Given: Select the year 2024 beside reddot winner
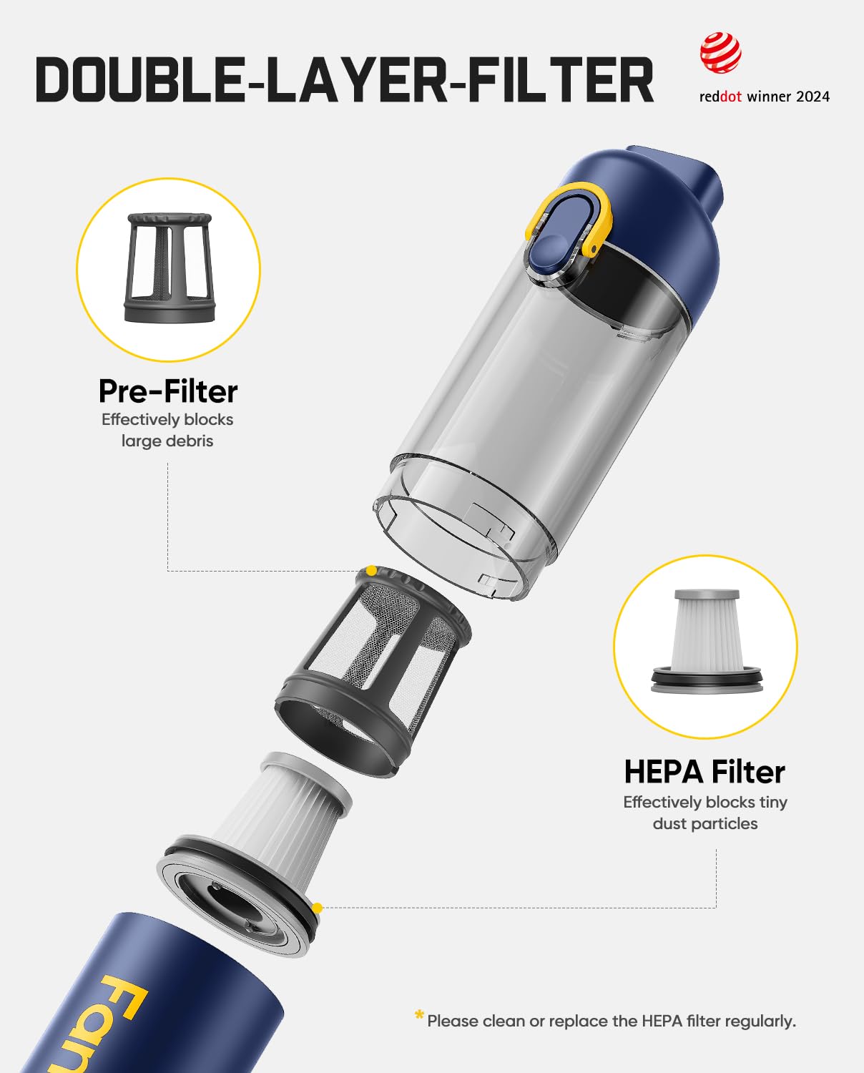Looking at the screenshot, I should [813, 97].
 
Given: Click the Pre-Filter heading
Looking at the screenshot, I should [168, 391].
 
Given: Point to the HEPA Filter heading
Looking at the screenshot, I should [705, 772].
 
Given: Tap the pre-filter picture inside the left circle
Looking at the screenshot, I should [168, 268].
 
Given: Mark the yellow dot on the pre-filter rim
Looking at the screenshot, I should [371, 571].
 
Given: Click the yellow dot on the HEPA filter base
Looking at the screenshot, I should [318, 908].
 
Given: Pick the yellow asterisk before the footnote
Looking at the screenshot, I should [419, 1016].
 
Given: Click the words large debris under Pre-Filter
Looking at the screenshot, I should [167, 441].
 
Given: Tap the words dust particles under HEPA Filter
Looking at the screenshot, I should [705, 823].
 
